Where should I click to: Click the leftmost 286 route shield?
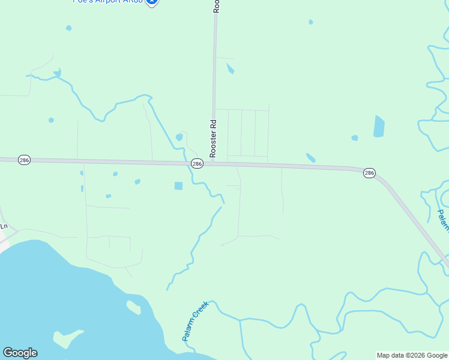point(24,161)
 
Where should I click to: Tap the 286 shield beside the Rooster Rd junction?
point(197,163)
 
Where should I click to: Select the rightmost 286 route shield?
point(369,173)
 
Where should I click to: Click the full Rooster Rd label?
point(212,138)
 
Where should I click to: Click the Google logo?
point(20,353)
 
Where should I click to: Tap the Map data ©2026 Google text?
point(412,355)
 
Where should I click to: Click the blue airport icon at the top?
point(152,2)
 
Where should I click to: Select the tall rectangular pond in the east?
point(379,126)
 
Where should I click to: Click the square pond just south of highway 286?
point(178,186)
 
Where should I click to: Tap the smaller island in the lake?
point(133,307)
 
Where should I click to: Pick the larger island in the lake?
point(67,339)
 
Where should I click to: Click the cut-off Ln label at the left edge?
point(4,226)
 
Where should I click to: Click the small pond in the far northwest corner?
point(68,28)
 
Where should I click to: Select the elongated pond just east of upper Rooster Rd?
point(231,69)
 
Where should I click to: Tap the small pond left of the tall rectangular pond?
point(355,138)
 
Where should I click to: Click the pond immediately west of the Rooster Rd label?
point(179,137)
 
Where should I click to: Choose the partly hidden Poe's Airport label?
point(108,2)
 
